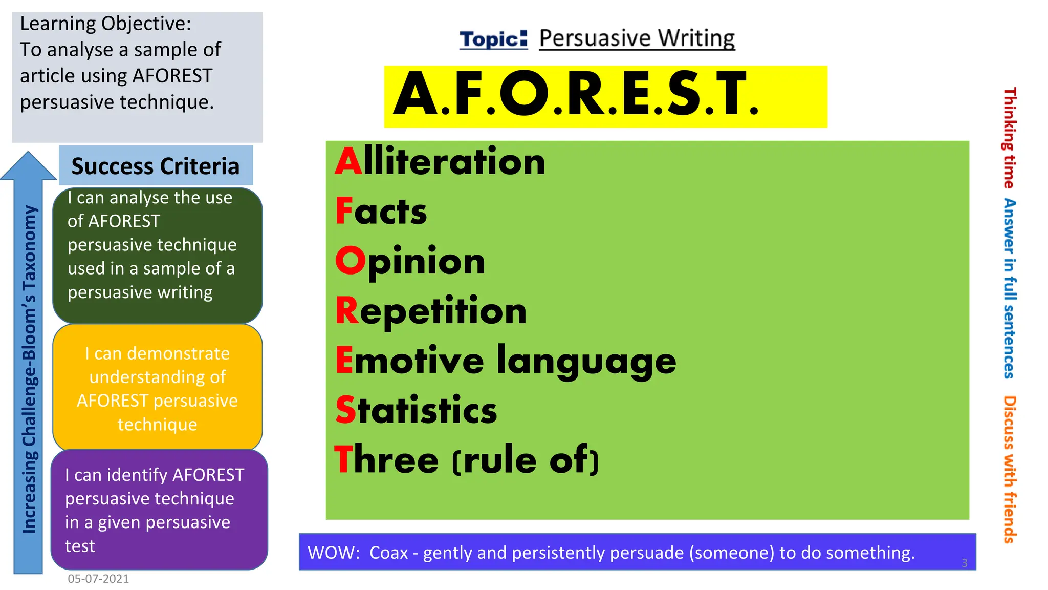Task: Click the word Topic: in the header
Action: click(493, 39)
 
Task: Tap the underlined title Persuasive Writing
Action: click(637, 38)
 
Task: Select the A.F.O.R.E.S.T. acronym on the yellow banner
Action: click(576, 95)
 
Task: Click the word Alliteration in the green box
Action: click(440, 162)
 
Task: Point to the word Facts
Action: click(381, 212)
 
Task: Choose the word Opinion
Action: click(410, 261)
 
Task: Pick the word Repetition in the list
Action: click(431, 311)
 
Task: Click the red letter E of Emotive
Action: click(344, 360)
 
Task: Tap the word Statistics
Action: click(416, 410)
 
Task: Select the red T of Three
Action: click(344, 459)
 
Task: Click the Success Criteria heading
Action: click(156, 166)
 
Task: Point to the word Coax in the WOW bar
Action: click(388, 553)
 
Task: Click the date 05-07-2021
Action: click(98, 579)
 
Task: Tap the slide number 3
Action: click(964, 563)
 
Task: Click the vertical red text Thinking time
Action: click(1009, 138)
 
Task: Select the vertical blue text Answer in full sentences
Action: click(1009, 288)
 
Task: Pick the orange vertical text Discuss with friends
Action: click(1009, 469)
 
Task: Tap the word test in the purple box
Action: click(80, 546)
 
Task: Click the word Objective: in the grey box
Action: click(146, 24)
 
